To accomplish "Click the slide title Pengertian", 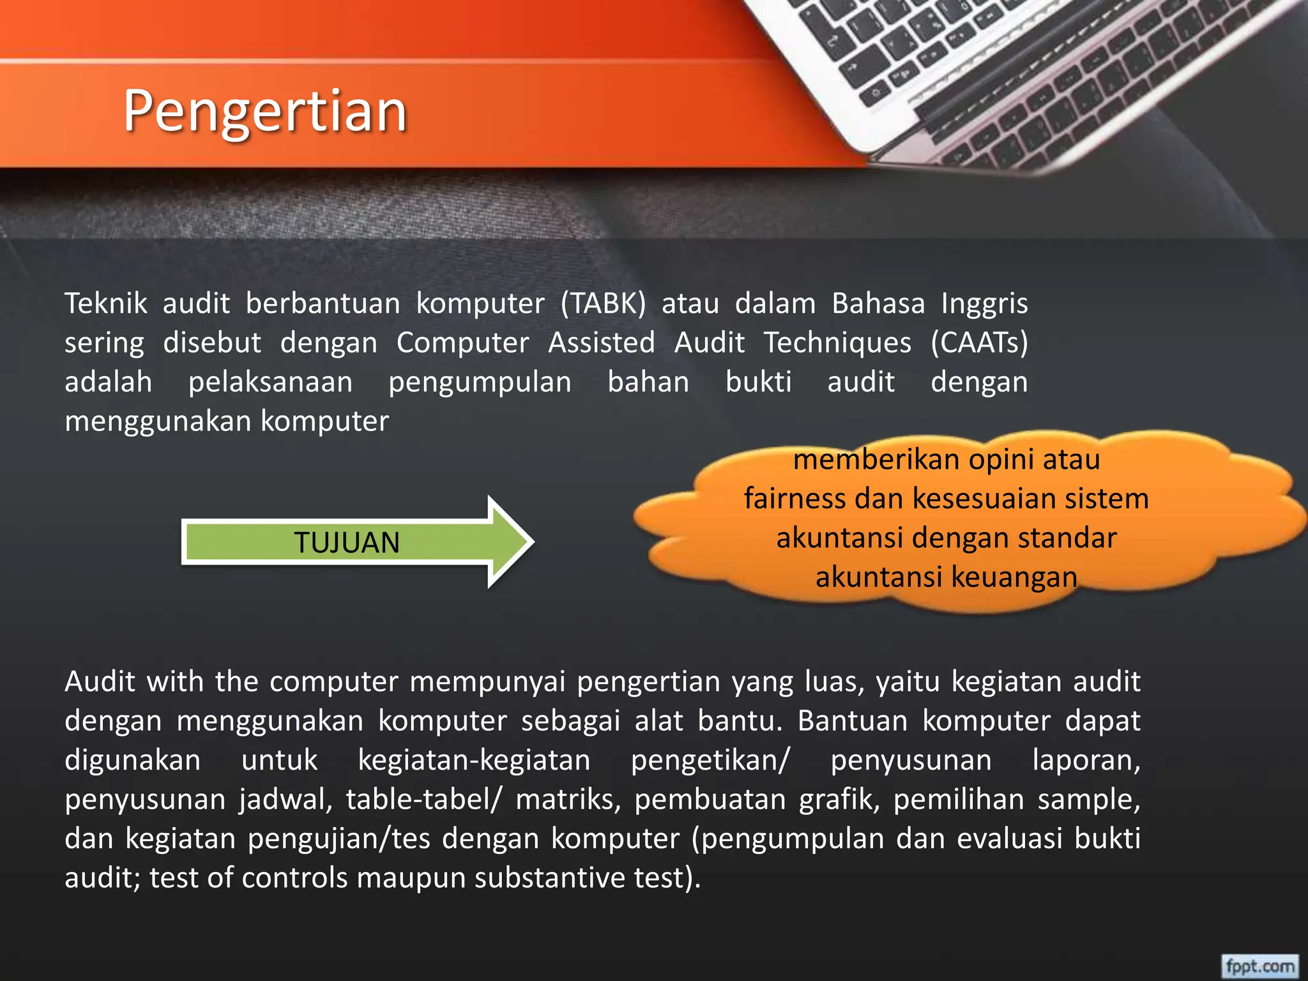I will coord(265,111).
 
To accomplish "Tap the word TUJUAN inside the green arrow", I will coord(347,543).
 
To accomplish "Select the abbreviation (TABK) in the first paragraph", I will coord(603,303).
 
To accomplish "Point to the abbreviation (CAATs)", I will coord(979,343).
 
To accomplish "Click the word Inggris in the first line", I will coord(984,303).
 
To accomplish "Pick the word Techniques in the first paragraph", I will coord(837,343).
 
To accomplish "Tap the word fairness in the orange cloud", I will coord(795,499).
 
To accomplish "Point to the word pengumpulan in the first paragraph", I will coord(480,383).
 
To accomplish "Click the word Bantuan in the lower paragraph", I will coord(852,721).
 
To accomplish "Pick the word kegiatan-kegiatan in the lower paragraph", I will coord(474,761).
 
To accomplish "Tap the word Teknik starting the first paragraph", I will coord(106,303).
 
